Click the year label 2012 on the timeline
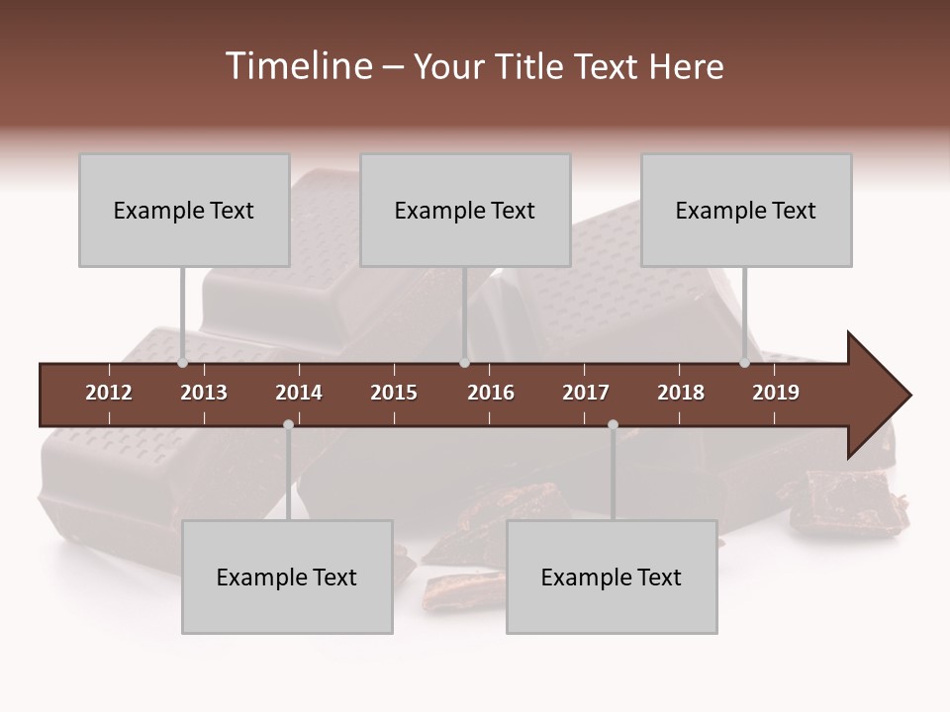(109, 393)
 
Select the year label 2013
(204, 393)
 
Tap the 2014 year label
(299, 393)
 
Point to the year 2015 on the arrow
(394, 393)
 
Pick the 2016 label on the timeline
(491, 393)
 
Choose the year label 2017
(586, 393)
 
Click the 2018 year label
(681, 393)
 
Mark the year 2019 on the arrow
(776, 393)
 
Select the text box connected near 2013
(184, 210)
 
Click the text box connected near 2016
(465, 210)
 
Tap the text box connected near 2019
(746, 210)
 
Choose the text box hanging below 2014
(287, 577)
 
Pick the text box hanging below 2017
(612, 577)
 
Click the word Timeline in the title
(297, 66)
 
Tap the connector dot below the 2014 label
(288, 424)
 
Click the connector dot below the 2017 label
(613, 424)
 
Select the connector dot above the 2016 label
(464, 363)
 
